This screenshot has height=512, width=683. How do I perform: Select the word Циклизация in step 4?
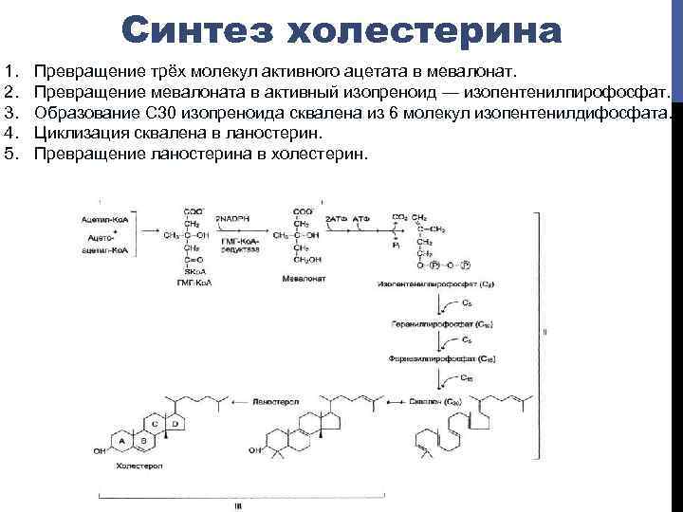coord(77,134)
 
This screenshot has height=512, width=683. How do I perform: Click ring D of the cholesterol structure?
coord(169,418)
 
